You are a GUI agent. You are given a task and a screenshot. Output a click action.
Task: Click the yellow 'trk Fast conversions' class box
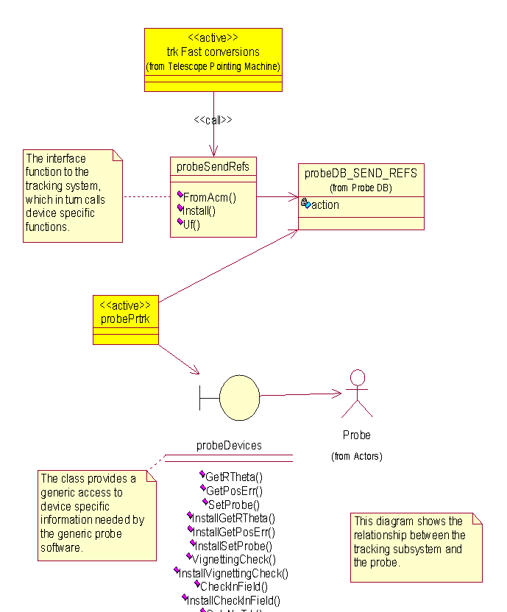click(213, 59)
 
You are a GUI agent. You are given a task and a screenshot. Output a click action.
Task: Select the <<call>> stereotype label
click(213, 120)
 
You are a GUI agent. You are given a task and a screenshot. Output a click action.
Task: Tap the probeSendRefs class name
click(213, 167)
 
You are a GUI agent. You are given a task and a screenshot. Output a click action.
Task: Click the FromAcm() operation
click(209, 197)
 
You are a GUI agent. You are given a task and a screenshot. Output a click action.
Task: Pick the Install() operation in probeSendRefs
click(199, 211)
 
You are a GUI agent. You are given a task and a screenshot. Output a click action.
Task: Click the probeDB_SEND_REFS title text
click(361, 174)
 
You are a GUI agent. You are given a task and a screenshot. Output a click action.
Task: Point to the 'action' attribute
click(325, 205)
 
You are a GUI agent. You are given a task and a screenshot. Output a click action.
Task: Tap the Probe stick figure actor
click(357, 394)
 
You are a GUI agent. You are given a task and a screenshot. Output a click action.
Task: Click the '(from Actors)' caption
click(356, 457)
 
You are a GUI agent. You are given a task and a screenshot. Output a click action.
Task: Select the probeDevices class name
click(229, 446)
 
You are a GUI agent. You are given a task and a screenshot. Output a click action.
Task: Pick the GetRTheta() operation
click(234, 477)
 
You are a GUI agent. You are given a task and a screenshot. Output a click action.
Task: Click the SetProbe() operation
click(234, 505)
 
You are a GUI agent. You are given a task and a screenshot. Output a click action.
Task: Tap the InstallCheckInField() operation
click(233, 601)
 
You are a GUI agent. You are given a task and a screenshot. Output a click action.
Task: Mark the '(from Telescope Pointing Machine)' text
click(213, 67)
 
